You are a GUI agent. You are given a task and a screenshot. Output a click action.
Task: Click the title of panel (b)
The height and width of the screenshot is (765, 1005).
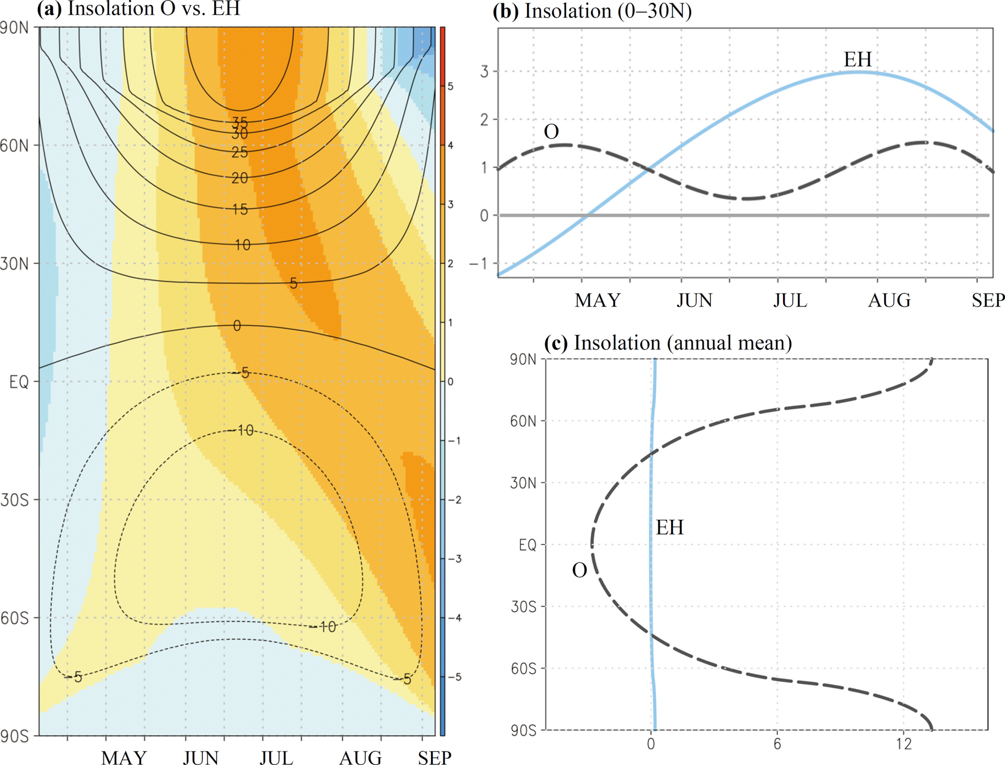[592, 11]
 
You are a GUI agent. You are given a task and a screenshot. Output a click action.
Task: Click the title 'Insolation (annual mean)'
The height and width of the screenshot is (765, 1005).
[668, 343]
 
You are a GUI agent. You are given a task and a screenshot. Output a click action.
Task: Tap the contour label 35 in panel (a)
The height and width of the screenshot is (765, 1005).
[240, 122]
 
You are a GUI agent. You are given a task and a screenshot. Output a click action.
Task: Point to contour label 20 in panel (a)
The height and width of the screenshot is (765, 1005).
[240, 178]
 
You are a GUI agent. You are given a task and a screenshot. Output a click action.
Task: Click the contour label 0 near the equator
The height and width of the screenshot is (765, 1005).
[237, 326]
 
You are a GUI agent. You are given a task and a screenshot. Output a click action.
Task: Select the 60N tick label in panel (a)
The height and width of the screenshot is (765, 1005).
[14, 146]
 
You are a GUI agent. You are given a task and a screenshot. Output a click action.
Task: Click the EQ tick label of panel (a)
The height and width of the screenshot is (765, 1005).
[19, 382]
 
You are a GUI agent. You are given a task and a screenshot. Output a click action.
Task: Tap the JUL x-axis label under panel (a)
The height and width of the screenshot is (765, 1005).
[277, 758]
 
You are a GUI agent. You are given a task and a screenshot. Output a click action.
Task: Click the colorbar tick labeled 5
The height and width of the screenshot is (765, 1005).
[451, 87]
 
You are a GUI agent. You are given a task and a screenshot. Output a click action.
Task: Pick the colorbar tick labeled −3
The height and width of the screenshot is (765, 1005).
[452, 559]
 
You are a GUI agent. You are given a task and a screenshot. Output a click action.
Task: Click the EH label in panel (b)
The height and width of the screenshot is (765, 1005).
[857, 60]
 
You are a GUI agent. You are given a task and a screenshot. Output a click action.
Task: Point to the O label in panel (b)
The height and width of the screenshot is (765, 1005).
[551, 132]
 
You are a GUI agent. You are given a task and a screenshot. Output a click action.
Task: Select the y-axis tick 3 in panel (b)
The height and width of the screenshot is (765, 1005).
[484, 72]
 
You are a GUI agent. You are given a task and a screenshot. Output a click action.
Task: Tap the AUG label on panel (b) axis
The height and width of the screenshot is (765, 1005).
[889, 300]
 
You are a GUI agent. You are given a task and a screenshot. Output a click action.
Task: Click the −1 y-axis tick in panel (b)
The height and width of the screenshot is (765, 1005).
[478, 263]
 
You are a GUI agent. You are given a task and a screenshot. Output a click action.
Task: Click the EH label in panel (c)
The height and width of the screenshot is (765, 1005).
[669, 528]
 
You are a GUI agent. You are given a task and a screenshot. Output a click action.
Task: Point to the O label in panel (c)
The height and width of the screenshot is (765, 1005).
[579, 570]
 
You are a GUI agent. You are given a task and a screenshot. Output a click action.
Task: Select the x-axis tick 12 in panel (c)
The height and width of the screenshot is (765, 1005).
[903, 744]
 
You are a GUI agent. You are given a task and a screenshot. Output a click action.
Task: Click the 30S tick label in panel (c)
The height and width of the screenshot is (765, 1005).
[523, 607]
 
